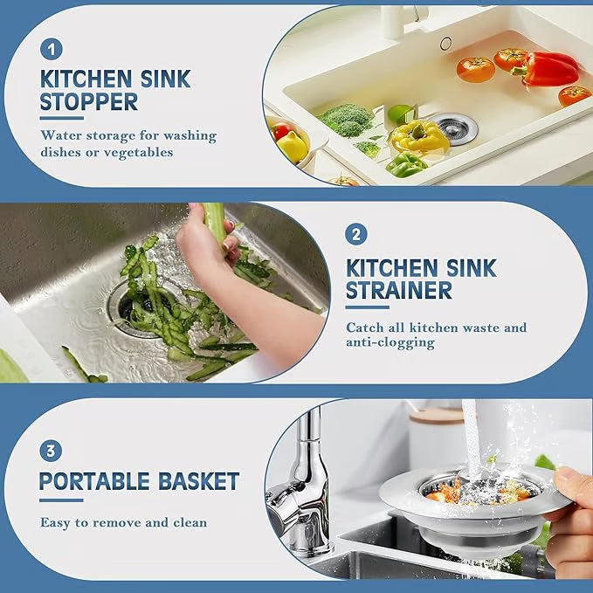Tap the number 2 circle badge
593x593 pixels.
click(356, 234)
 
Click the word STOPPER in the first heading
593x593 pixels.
click(88, 102)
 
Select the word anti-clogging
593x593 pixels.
click(390, 343)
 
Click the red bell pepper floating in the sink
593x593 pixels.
click(549, 69)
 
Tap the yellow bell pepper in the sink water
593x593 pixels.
click(420, 135)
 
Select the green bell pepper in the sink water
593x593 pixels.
click(406, 164)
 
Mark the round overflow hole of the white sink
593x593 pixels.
click(445, 43)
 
